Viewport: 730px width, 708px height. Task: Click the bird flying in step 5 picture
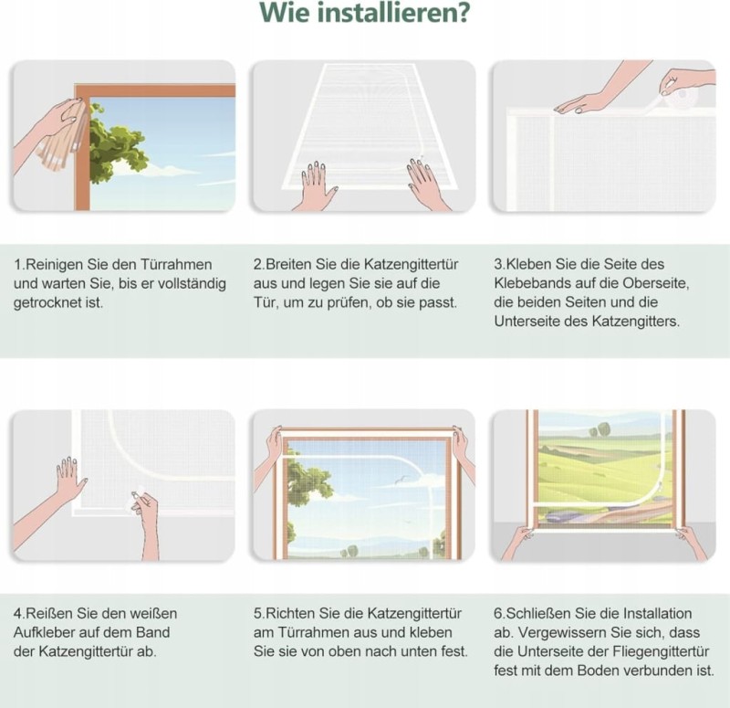pyautogui.click(x=402, y=480)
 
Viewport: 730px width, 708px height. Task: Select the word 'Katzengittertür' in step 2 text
pyautogui.click(x=411, y=264)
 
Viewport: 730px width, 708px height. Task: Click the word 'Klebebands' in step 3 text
pyautogui.click(x=528, y=283)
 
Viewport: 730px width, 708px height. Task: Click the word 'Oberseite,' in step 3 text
pyautogui.click(x=656, y=283)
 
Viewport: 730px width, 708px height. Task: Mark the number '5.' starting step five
pyautogui.click(x=259, y=613)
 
